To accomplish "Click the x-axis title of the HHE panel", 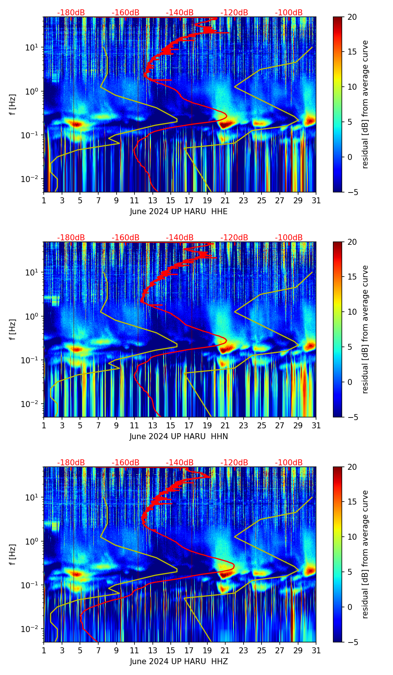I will tap(179, 212).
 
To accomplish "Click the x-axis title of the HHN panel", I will tap(179, 437).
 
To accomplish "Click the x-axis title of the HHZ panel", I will tap(179, 662).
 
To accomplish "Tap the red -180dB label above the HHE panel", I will tap(71, 13).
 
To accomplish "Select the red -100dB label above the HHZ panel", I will tap(289, 463).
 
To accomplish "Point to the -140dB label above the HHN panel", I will tap(180, 238).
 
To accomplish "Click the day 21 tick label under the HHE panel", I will tap(225, 200).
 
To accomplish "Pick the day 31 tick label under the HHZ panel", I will tap(316, 650).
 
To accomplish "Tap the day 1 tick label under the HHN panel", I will tap(44, 425).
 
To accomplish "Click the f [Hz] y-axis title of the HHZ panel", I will tap(13, 554).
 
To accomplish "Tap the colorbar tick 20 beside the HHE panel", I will tap(352, 17).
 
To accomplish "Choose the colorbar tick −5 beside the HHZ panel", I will tap(352, 642).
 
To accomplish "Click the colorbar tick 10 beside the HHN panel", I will tap(352, 312).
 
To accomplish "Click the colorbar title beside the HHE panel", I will tap(365, 104).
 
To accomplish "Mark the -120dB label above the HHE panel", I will tap(234, 13).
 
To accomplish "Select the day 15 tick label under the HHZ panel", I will tap(170, 650).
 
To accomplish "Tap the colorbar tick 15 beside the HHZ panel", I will tap(352, 502).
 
